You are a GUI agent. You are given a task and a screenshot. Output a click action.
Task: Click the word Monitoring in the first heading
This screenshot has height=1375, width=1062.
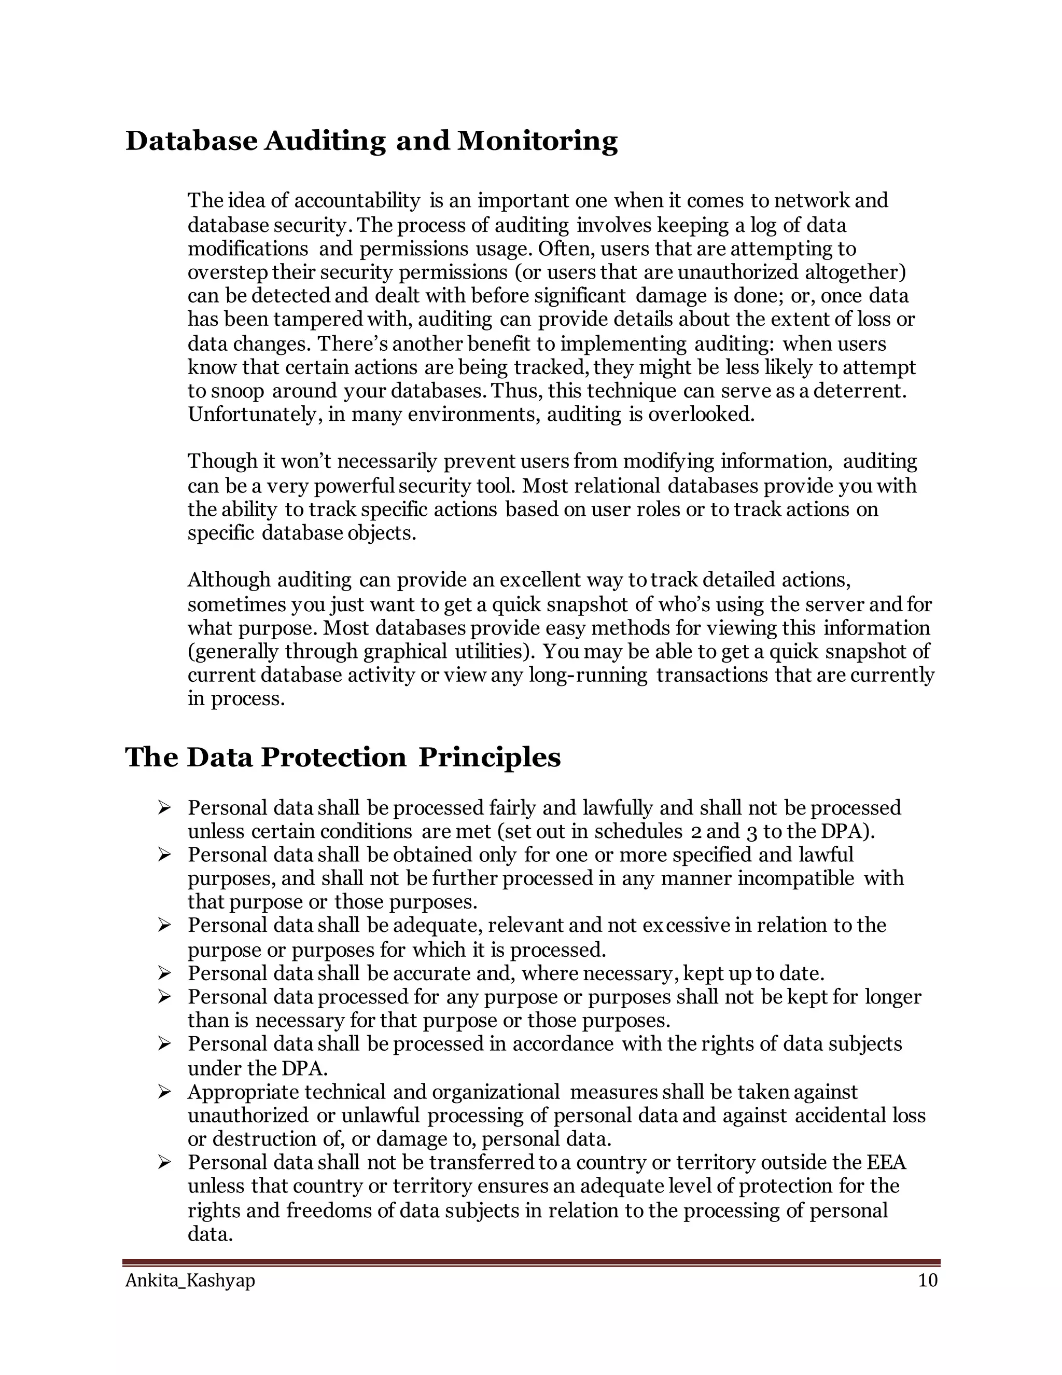coord(537,141)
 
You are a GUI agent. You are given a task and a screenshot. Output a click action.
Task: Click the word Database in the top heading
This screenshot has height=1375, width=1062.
coord(191,141)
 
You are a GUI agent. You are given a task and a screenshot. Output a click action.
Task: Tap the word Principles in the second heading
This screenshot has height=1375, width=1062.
coord(489,758)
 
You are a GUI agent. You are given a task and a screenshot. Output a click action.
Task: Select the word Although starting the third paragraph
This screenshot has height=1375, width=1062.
coord(229,580)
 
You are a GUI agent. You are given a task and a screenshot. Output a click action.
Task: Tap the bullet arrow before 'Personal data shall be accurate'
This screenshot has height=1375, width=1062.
coord(164,974)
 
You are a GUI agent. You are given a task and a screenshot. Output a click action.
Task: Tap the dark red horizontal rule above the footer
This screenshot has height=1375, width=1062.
coord(531,1262)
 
